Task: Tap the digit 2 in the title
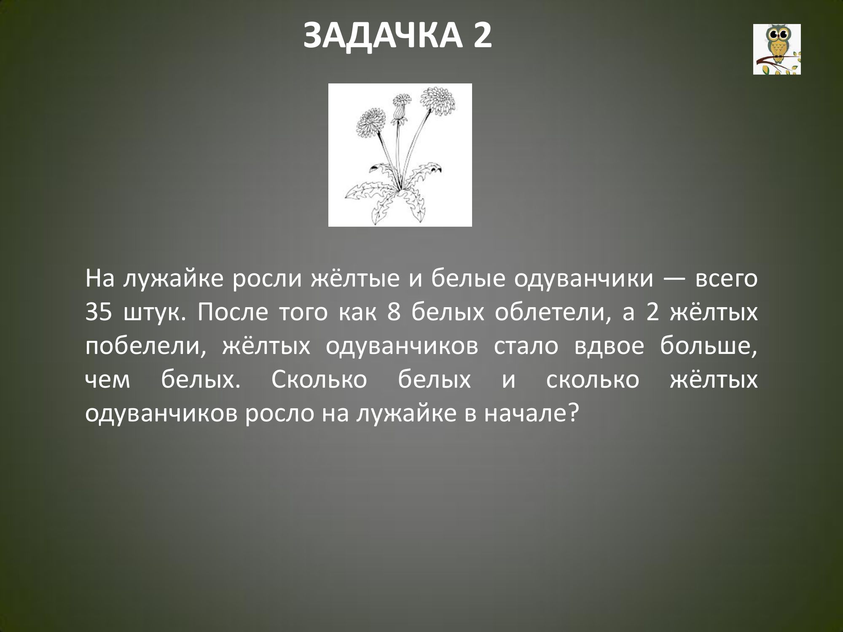[x=482, y=36]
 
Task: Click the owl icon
[x=777, y=49]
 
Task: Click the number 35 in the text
[x=98, y=314]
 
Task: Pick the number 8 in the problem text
[x=393, y=314]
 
